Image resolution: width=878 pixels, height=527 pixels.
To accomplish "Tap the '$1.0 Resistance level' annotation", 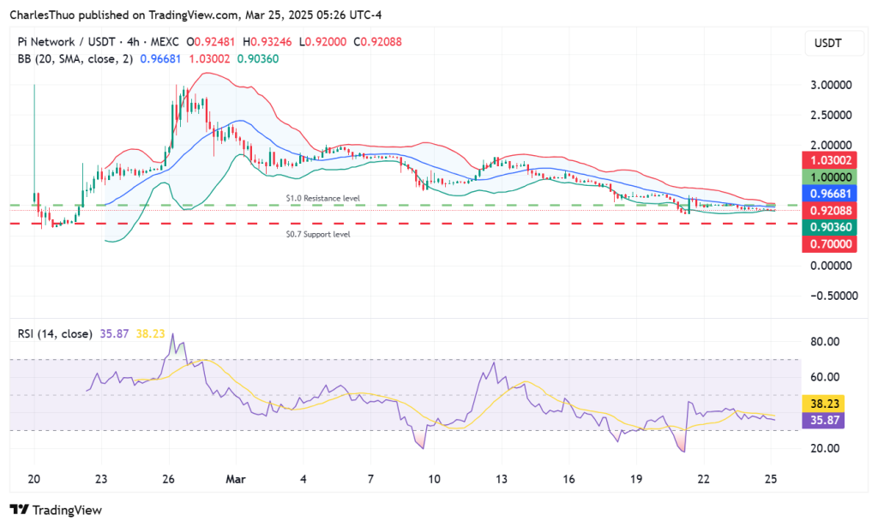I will [323, 198].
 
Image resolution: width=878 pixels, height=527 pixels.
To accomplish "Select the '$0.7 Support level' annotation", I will [318, 233].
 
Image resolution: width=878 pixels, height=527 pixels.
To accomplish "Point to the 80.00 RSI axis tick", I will [824, 341].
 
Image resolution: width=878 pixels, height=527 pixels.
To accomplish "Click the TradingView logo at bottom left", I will [56, 510].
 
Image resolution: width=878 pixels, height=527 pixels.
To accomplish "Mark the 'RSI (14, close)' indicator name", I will [54, 333].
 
